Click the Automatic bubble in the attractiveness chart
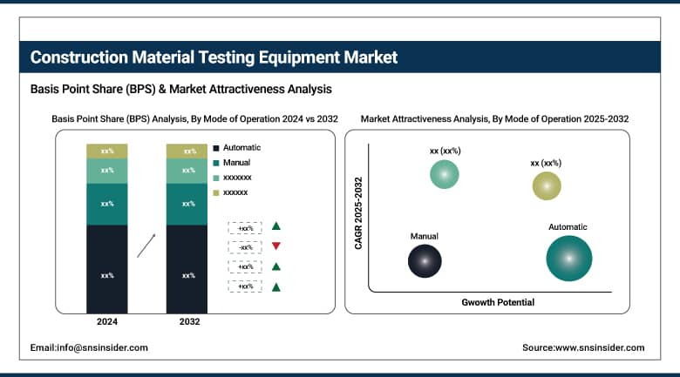pos(568,258)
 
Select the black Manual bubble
pos(425,259)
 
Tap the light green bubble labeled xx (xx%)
pos(445,173)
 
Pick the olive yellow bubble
pos(547,185)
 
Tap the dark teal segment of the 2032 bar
pos(187,204)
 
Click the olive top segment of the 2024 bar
pos(107,151)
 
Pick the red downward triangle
pos(276,246)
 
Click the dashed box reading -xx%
pos(245,247)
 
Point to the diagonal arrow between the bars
pos(148,245)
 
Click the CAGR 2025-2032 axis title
pos(358,214)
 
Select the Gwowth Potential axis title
pos(498,302)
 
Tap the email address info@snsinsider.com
pos(89,347)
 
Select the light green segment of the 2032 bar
pos(187,170)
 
